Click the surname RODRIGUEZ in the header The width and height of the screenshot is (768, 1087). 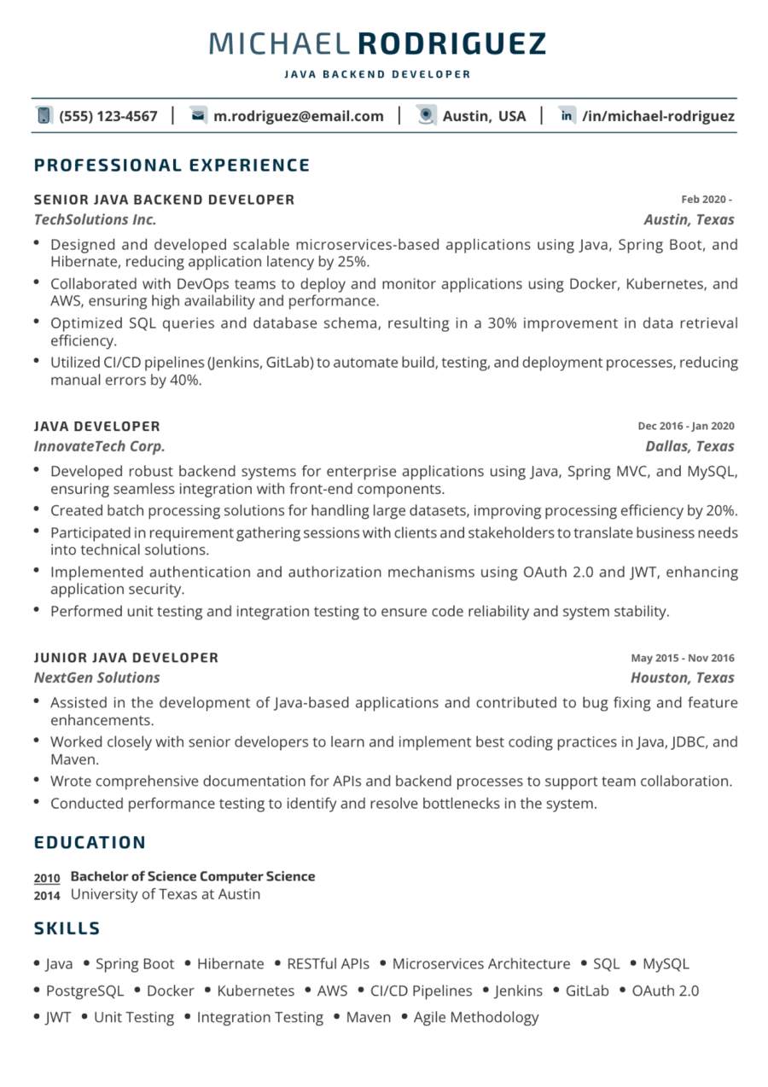[x=451, y=44]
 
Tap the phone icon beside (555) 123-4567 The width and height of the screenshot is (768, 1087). [x=44, y=116]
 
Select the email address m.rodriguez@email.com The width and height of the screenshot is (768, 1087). [x=299, y=116]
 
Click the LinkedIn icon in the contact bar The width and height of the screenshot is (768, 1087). [x=567, y=116]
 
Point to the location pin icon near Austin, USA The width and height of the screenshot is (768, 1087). [x=427, y=116]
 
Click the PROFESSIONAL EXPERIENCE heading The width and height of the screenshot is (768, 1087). [x=172, y=166]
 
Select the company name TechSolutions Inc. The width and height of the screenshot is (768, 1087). [x=95, y=220]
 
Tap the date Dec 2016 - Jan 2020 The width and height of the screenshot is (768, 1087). [x=685, y=427]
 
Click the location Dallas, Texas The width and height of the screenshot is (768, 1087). [x=689, y=446]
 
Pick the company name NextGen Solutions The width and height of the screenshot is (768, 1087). [x=96, y=677]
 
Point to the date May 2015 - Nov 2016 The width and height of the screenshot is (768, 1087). [x=682, y=658]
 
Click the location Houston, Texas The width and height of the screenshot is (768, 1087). [x=682, y=677]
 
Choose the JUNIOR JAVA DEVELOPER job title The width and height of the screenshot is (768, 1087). [x=126, y=658]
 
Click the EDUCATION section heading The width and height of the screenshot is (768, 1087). [x=90, y=843]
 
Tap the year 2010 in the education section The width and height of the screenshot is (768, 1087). [x=47, y=878]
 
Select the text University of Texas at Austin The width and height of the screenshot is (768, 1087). [x=165, y=894]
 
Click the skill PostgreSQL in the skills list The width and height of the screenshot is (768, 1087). [x=84, y=991]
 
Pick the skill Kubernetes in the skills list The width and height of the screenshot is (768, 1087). [x=255, y=991]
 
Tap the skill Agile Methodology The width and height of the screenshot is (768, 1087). [x=476, y=1017]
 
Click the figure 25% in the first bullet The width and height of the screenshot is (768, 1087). [x=351, y=262]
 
